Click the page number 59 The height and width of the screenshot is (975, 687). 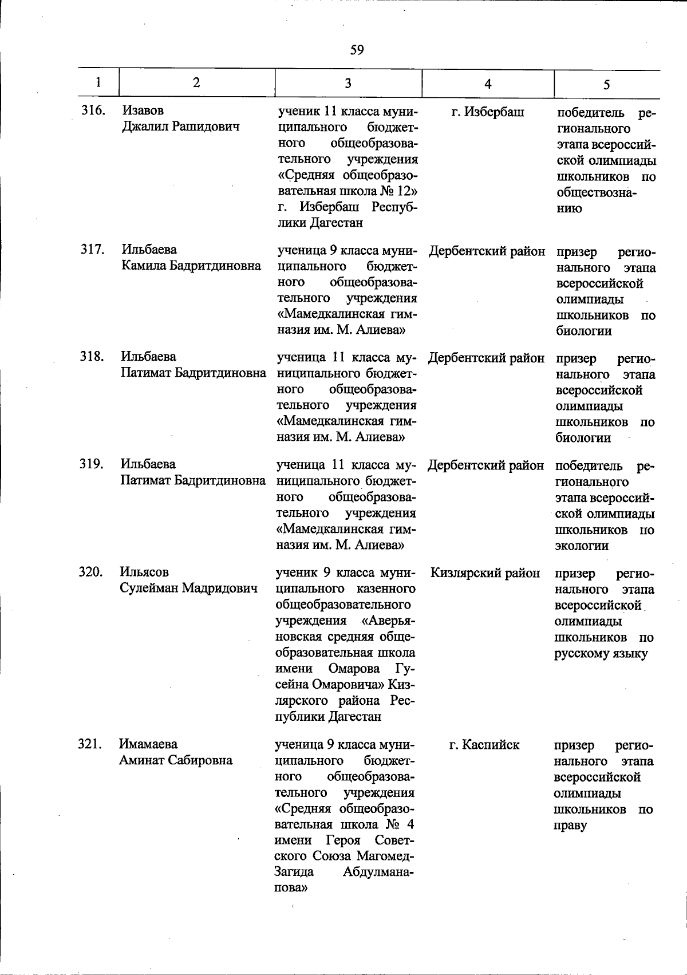click(357, 50)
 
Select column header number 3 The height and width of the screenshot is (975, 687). click(348, 83)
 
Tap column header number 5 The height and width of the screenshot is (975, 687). click(606, 84)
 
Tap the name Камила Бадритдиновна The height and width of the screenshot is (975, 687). click(191, 266)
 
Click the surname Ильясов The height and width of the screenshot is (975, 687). click(144, 572)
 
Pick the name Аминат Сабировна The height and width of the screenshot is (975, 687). click(176, 760)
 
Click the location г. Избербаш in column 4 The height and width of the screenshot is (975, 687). click(487, 112)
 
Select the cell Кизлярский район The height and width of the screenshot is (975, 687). click(485, 573)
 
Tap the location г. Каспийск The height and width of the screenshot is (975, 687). click(484, 745)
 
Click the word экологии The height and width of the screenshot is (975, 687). click(582, 546)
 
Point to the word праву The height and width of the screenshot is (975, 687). click(570, 826)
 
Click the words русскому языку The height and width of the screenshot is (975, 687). click(601, 654)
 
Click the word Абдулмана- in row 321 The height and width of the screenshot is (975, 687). click(378, 873)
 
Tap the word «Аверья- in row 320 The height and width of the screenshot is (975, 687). click(389, 621)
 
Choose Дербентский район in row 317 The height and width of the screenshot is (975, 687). click(487, 251)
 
